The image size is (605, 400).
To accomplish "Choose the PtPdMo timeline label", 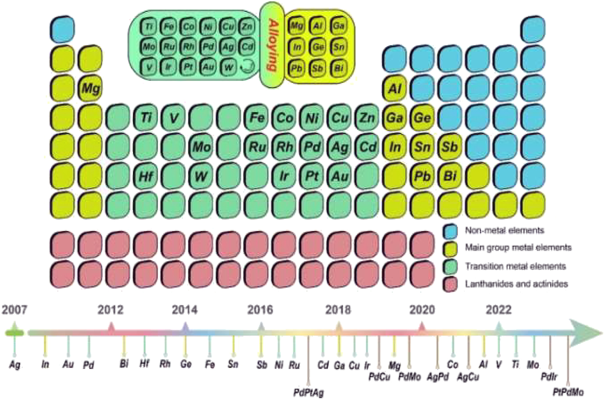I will pos(568,391).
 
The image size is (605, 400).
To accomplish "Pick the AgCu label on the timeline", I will pos(468,377).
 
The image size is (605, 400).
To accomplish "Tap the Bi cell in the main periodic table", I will pos(451,176).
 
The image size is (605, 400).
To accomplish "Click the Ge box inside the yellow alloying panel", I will pos(318,47).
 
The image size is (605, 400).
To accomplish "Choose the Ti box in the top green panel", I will pos(149,26).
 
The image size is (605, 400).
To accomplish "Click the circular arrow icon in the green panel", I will pos(247,67).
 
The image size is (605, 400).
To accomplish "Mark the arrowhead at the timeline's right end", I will pos(589,332).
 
